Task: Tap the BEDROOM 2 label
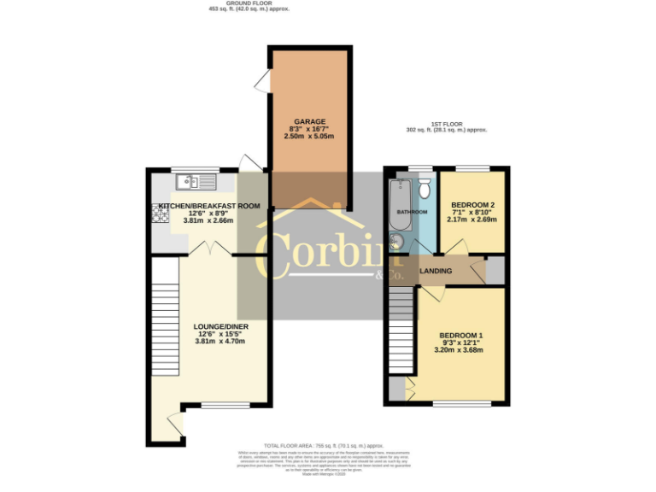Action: pos(472,205)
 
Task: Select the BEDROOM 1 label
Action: pos(461,335)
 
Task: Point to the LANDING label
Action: pos(436,271)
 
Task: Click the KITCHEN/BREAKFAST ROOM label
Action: pos(209,205)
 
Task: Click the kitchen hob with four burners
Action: pos(161,212)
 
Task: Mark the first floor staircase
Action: pos(400,329)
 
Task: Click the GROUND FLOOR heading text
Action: pos(249,3)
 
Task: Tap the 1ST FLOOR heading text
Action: pos(446,124)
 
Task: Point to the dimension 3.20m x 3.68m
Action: pos(460,349)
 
